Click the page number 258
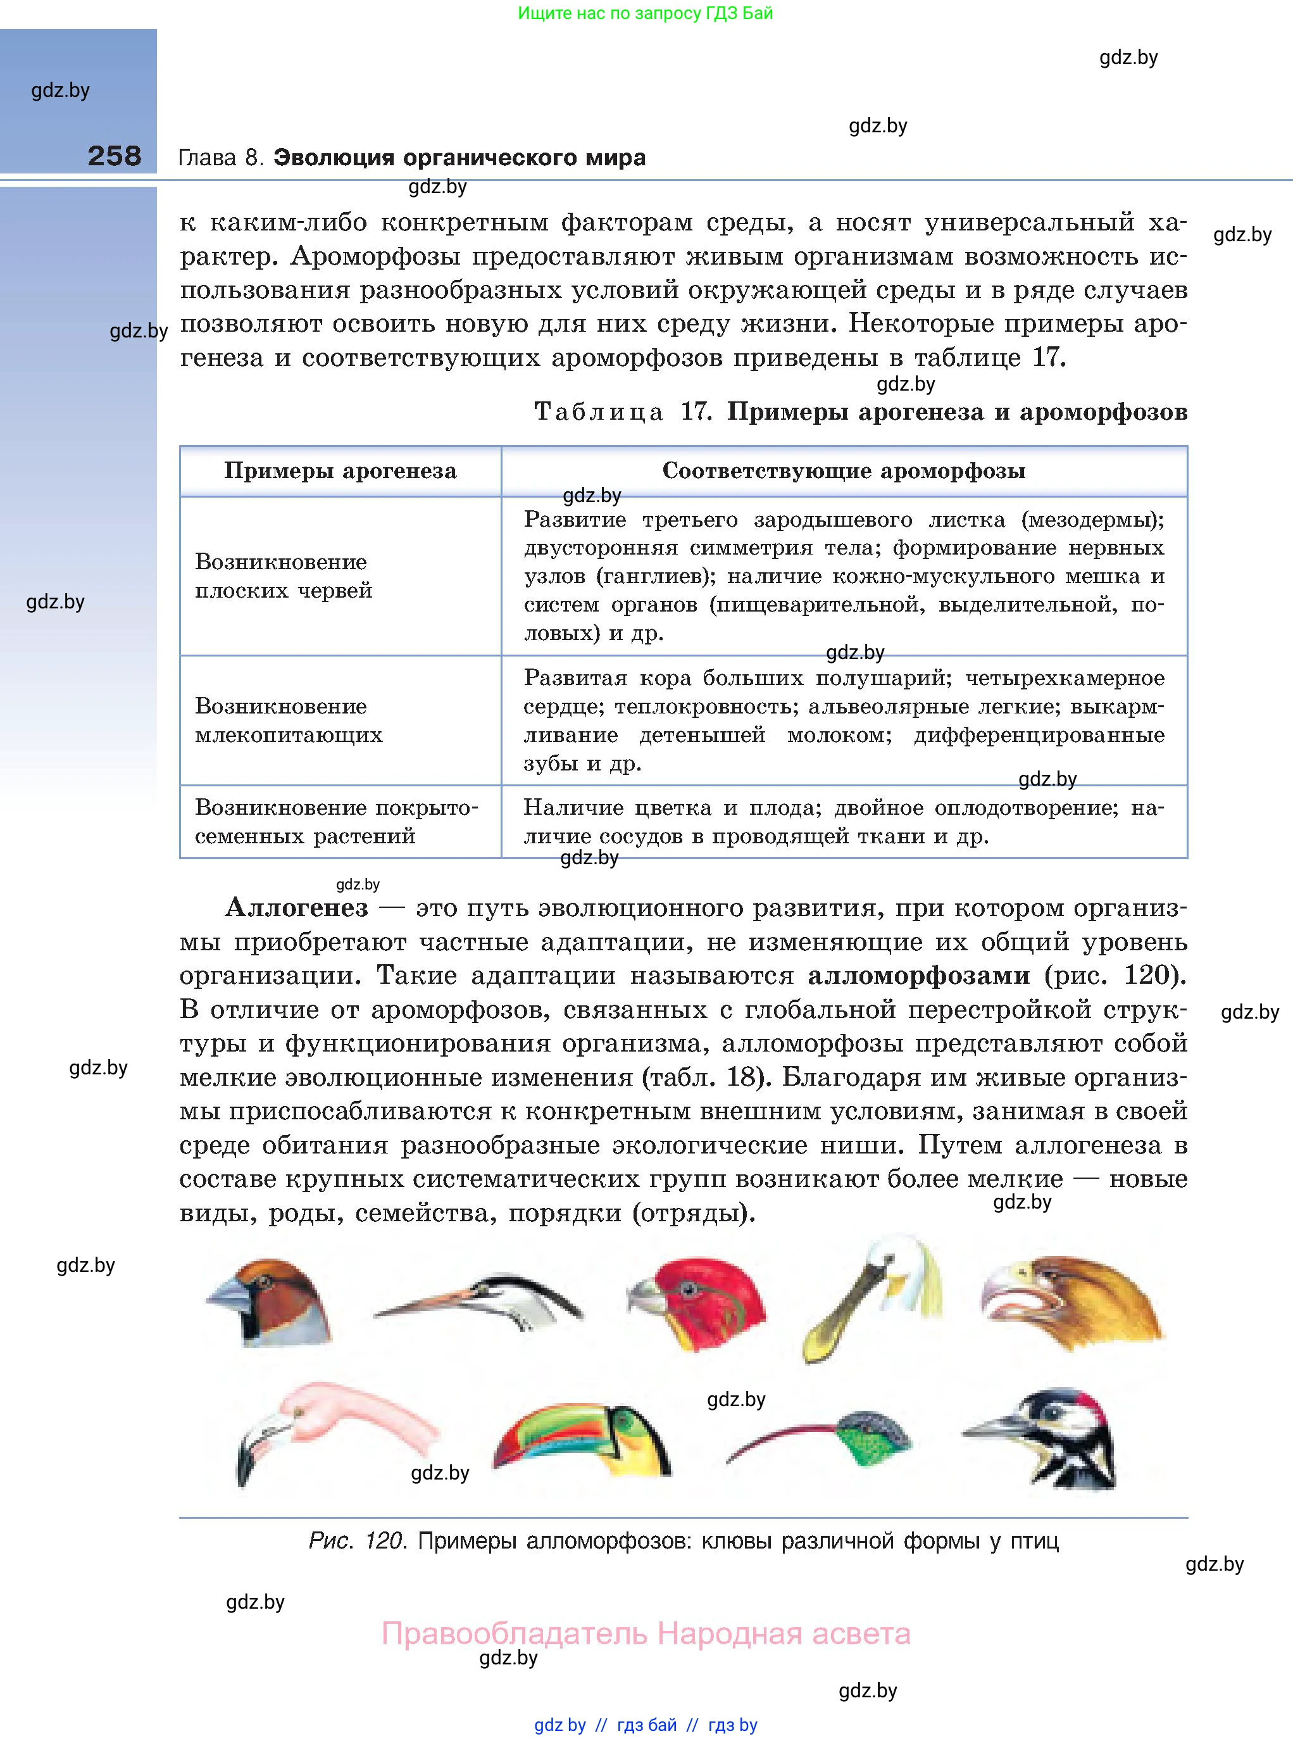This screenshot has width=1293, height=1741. pyautogui.click(x=115, y=156)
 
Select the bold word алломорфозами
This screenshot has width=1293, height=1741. pyautogui.click(x=918, y=976)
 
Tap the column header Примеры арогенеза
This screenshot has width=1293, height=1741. pyautogui.click(x=340, y=470)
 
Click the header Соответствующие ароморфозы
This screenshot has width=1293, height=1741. pyautogui.click(x=843, y=470)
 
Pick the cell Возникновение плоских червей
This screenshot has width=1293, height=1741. pyautogui.click(x=284, y=575)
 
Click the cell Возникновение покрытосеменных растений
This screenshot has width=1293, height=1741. pyautogui.click(x=336, y=821)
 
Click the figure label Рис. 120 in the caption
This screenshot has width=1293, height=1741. pyautogui.click(x=357, y=1540)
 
